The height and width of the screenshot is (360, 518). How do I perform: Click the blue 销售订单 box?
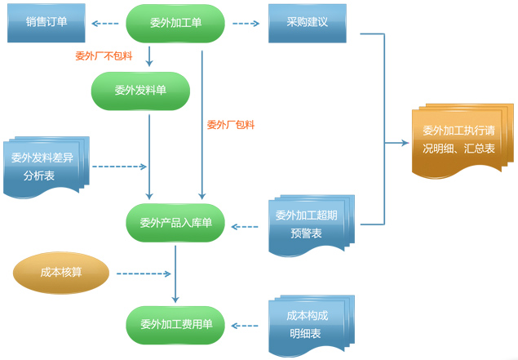pyautogui.click(x=46, y=24)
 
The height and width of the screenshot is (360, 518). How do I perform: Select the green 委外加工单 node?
pyautogui.click(x=175, y=24)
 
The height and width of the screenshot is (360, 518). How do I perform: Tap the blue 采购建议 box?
pyautogui.click(x=308, y=24)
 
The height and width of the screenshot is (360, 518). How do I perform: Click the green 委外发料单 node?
pyautogui.click(x=140, y=91)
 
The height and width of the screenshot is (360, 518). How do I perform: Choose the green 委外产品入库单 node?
pyautogui.click(x=175, y=223)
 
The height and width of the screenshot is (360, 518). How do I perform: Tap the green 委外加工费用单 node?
pyautogui.click(x=175, y=325)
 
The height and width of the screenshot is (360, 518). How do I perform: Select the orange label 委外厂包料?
pyautogui.click(x=231, y=125)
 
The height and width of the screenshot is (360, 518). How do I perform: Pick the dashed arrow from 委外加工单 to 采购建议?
pyautogui.click(x=246, y=24)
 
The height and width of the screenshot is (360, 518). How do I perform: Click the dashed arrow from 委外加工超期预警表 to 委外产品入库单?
pyautogui.click(x=249, y=225)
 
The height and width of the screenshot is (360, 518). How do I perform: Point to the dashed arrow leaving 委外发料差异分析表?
pyautogui.click(x=119, y=167)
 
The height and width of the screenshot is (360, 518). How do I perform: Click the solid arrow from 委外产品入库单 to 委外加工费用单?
pyautogui.click(x=175, y=273)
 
